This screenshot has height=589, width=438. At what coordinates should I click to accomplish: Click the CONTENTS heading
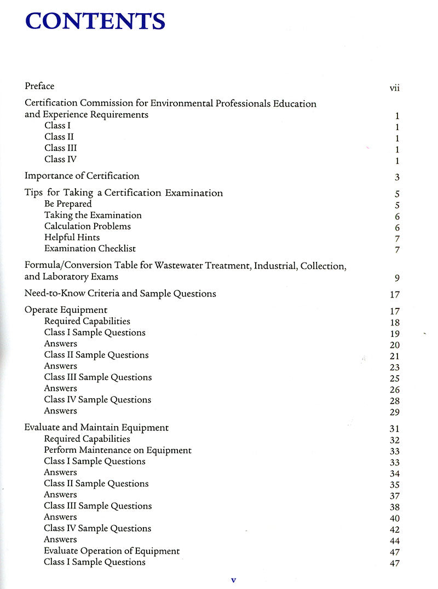95,21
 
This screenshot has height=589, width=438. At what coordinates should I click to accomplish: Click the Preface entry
39,86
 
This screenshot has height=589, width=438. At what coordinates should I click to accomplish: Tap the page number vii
394,88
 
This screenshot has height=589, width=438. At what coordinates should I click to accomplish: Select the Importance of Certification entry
82,176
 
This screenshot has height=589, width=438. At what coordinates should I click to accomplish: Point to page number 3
397,177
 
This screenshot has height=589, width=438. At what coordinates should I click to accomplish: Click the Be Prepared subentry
68,204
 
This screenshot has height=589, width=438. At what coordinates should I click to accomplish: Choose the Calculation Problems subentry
88,226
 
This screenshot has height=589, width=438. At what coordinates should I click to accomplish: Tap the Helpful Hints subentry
72,237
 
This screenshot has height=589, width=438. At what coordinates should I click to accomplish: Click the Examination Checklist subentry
90,248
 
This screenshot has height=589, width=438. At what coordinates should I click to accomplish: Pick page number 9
397,278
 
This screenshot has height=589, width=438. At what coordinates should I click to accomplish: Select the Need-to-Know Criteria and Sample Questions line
120,294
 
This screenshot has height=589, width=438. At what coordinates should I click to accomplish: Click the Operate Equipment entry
66,310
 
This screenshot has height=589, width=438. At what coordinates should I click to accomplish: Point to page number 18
395,323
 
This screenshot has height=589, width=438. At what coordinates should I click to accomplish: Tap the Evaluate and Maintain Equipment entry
96,428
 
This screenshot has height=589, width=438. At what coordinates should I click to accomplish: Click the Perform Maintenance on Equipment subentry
118,450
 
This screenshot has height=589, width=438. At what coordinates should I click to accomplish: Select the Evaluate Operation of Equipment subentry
112,551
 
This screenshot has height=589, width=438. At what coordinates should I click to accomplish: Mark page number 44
395,541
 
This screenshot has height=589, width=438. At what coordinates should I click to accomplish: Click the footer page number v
233,580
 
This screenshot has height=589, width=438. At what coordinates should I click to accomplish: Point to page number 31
395,429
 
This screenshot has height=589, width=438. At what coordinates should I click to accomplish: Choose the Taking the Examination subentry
93,215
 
